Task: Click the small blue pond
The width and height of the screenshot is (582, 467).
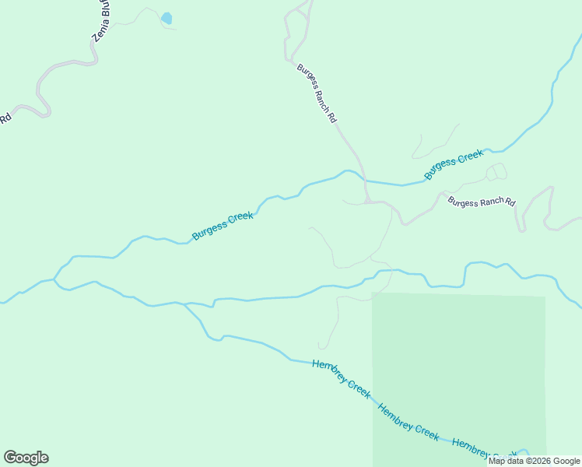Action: click(166, 18)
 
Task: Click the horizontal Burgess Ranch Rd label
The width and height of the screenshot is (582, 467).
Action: click(482, 202)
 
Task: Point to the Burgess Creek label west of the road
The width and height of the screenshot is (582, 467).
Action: click(223, 225)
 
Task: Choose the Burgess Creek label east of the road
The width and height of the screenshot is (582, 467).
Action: click(454, 165)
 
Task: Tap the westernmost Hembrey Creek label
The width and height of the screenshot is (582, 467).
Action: click(341, 379)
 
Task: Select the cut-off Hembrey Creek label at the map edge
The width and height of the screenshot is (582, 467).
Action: click(482, 449)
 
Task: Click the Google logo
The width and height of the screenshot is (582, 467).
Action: click(26, 458)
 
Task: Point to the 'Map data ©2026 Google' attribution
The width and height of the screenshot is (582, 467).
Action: click(535, 462)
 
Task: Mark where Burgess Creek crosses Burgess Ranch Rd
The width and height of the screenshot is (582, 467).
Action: click(364, 181)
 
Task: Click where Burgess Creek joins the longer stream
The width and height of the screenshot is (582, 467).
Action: click(54, 279)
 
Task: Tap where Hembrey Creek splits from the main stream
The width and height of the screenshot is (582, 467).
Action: click(184, 304)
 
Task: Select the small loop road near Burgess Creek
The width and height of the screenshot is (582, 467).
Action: click(496, 171)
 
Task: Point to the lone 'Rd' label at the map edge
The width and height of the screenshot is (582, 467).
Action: click(5, 119)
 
